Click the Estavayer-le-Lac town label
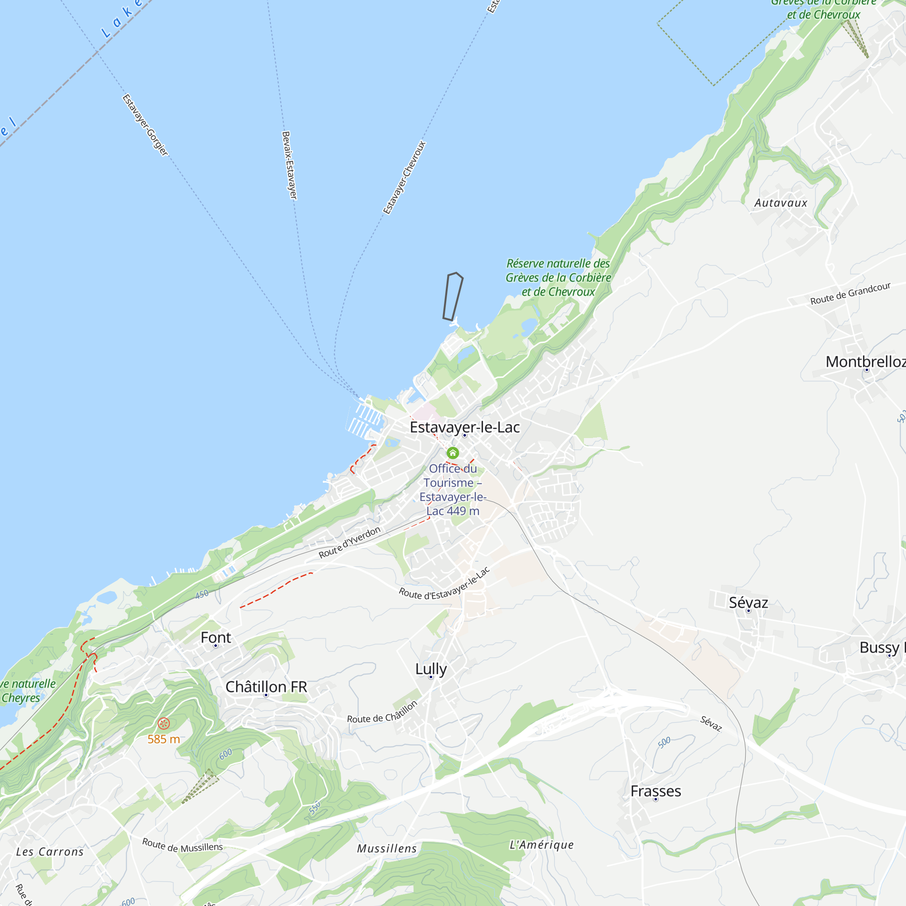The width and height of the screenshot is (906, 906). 464,427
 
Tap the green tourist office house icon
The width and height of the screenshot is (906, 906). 453,453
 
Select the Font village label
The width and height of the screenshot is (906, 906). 216,637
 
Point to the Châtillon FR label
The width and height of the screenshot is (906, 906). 266,687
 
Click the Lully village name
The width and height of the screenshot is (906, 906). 430,669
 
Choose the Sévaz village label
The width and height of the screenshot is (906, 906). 748,602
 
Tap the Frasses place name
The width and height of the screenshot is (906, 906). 655,791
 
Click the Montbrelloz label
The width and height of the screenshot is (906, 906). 865,361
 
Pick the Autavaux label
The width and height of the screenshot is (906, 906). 781,203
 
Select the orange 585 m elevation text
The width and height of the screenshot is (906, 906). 164,740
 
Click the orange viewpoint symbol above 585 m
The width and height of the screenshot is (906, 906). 164,723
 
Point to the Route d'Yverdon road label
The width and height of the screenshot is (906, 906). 349,543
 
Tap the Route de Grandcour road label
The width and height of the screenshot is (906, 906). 850,294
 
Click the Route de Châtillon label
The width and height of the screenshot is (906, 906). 382,712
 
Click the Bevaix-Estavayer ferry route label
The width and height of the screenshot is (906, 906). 289,165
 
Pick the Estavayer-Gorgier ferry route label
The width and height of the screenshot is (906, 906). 145,125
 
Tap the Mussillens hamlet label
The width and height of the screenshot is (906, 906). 387,848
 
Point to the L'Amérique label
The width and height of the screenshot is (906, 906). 542,844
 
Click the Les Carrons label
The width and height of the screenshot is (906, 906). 50,852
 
